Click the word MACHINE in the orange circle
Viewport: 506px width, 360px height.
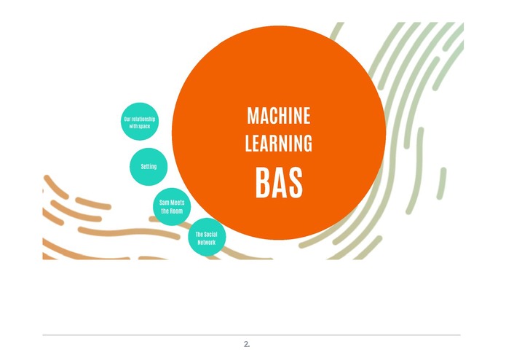[x=279, y=116]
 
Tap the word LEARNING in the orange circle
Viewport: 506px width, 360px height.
[x=279, y=143]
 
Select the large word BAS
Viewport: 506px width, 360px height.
[x=279, y=182]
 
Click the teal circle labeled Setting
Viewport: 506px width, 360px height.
[x=149, y=167]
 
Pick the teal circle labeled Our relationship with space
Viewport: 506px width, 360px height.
[x=140, y=122]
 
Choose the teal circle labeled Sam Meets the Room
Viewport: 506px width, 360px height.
[x=172, y=207]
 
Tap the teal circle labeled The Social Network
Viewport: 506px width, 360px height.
[x=207, y=237]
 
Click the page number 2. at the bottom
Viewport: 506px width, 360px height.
[x=247, y=344]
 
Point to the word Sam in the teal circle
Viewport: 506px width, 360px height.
[x=165, y=203]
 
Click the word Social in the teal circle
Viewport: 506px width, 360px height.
[x=210, y=235]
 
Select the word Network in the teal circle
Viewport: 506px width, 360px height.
[x=207, y=242]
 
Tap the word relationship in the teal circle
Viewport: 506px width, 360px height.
[x=143, y=119]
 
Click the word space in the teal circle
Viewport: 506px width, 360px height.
[x=144, y=126]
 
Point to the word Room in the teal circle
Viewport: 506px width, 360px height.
[x=176, y=211]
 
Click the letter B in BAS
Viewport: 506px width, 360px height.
[x=264, y=182]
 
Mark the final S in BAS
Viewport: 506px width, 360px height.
[x=296, y=182]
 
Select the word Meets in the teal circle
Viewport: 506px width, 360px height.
[x=177, y=203]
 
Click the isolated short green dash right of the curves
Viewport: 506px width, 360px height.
[x=441, y=184]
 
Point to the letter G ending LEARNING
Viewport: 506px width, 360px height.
[x=308, y=143]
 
